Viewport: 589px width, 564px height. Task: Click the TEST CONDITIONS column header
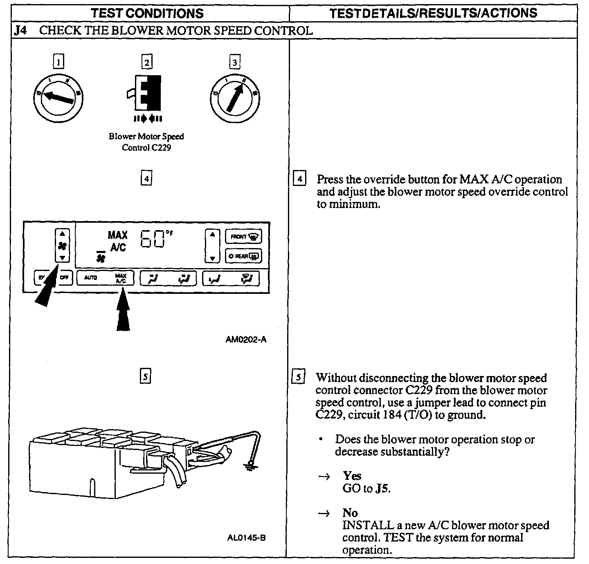pyautogui.click(x=147, y=13)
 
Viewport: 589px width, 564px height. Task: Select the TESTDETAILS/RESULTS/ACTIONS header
pyautogui.click(x=433, y=13)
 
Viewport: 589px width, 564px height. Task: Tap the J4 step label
pyautogui.click(x=20, y=31)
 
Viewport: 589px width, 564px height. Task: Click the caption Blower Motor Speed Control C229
pyautogui.click(x=146, y=142)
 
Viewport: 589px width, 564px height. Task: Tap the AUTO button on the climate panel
pyautogui.click(x=91, y=278)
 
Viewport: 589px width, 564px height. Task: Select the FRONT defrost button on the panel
pyautogui.click(x=243, y=237)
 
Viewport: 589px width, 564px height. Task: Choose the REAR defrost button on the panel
pyautogui.click(x=243, y=256)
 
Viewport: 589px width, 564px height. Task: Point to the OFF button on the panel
pyautogui.click(x=65, y=278)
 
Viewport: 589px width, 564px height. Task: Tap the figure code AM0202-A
pyautogui.click(x=246, y=340)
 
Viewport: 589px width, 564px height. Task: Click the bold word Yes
pyautogui.click(x=352, y=476)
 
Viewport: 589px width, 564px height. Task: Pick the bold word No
pyautogui.click(x=350, y=513)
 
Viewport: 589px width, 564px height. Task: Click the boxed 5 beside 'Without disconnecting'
pyautogui.click(x=299, y=377)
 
